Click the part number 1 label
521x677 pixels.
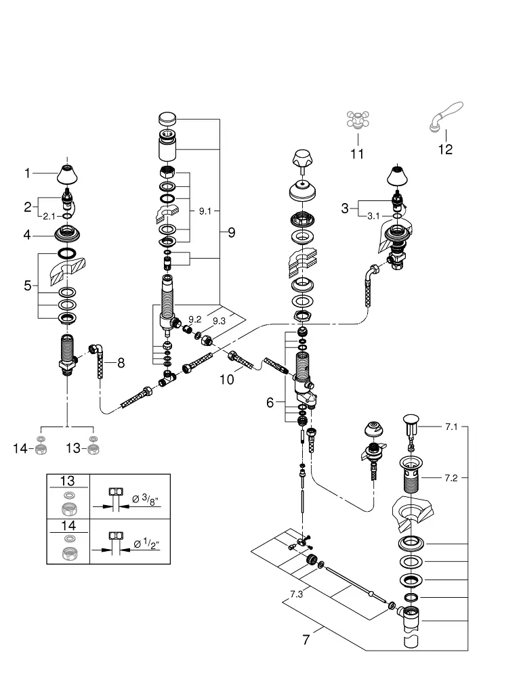coord(27,173)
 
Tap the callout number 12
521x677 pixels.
coord(445,150)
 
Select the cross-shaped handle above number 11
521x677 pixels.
coord(358,120)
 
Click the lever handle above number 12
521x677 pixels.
coord(446,116)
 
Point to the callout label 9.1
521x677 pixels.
coord(205,211)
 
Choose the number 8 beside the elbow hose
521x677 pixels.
coord(121,363)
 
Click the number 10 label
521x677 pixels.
coord(226,380)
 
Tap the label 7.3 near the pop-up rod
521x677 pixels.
coord(296,594)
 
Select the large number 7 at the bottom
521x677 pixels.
coord(306,640)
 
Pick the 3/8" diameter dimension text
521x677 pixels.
coord(146,499)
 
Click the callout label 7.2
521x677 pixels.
coord(451,478)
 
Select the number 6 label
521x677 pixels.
coord(270,402)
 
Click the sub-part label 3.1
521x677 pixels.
coord(373,216)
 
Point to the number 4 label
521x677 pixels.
coord(27,235)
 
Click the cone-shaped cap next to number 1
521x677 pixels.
coord(67,174)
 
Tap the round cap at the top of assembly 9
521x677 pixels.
coord(167,118)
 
